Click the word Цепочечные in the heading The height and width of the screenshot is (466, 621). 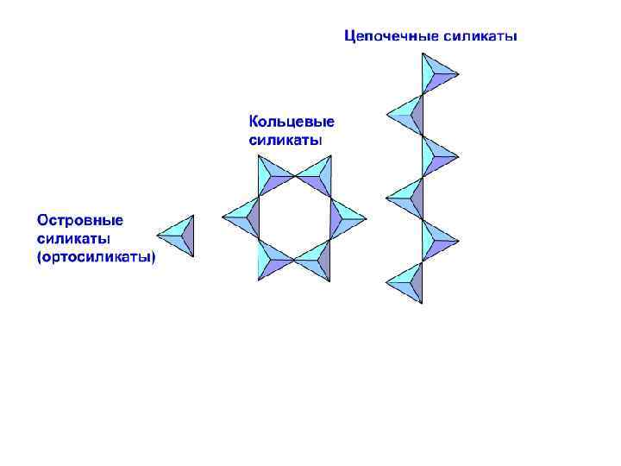pos(390,36)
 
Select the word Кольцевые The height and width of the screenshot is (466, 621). pos(292,122)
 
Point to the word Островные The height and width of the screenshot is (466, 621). pos(80,220)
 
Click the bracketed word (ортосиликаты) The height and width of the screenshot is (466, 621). pos(96,256)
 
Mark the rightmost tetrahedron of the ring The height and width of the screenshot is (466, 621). pos(342,218)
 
